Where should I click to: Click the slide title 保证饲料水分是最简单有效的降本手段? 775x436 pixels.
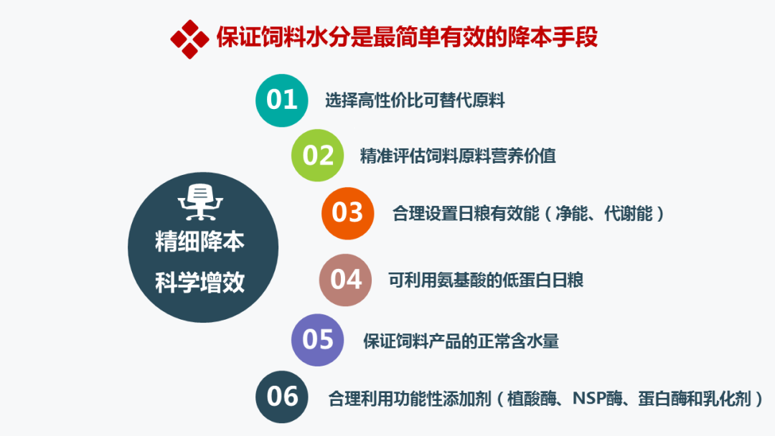(x=407, y=37)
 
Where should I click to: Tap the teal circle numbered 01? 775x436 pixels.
(x=282, y=100)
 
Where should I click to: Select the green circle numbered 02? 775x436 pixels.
(x=318, y=156)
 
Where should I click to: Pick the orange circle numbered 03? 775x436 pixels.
(x=348, y=213)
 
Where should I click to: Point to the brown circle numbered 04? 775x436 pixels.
(x=346, y=280)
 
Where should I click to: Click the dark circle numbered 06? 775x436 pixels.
(x=282, y=397)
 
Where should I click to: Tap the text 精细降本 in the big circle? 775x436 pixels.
(x=200, y=242)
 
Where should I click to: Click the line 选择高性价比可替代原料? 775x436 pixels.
(x=415, y=100)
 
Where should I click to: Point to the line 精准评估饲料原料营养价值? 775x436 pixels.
(x=458, y=156)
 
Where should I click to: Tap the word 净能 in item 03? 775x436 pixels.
(x=570, y=213)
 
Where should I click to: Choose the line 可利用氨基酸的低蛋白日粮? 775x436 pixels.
(x=486, y=280)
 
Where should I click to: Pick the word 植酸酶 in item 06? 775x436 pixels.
(x=532, y=397)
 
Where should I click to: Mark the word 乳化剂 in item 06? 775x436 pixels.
(x=731, y=397)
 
